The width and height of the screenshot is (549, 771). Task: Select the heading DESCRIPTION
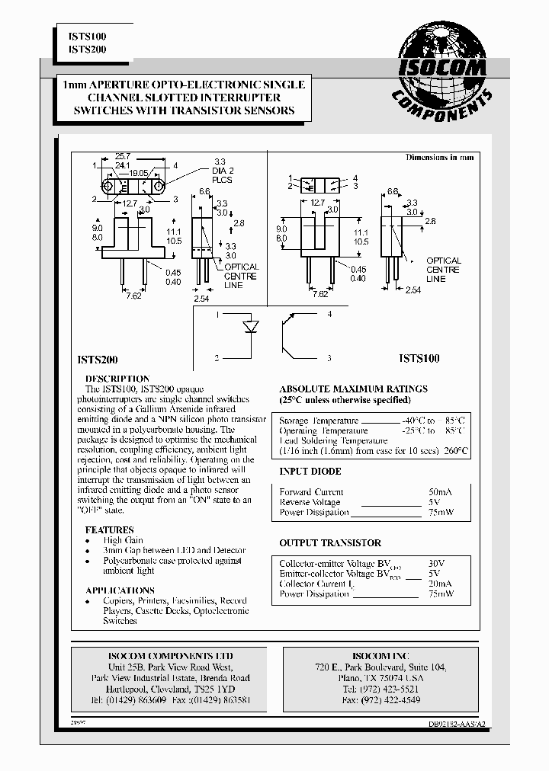[117, 379]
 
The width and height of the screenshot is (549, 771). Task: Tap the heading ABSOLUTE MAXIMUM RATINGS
[353, 389]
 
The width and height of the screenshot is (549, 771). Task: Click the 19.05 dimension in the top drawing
[138, 173]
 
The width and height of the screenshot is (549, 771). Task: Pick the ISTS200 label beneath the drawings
[98, 357]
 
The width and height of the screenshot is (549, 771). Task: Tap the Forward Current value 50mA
[436, 492]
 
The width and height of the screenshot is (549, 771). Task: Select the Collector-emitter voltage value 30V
[436, 563]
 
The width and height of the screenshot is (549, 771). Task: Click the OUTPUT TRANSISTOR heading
[330, 543]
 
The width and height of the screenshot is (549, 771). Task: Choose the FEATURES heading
[109, 529]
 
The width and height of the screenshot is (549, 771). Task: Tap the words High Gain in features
[124, 540]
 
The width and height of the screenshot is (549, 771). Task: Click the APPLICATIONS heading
[120, 590]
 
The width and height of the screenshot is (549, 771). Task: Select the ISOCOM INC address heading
[380, 656]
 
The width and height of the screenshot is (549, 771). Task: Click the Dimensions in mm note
[439, 157]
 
